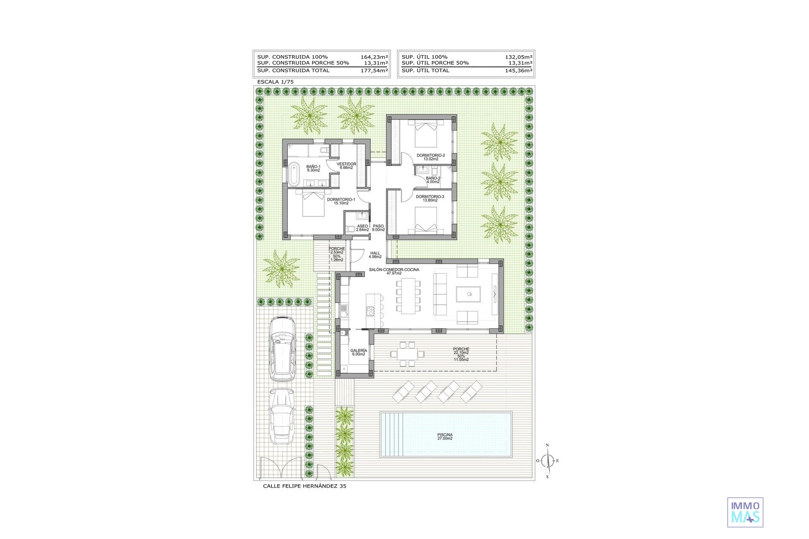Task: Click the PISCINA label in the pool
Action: (445, 435)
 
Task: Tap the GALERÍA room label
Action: (359, 350)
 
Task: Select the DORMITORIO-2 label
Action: (431, 155)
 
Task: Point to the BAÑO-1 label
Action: (313, 167)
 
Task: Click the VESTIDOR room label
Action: (346, 164)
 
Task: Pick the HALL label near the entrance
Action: (375, 253)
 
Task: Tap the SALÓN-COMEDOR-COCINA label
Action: (394, 269)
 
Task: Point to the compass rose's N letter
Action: (547, 445)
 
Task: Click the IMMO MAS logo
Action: (745, 512)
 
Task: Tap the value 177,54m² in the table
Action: (374, 70)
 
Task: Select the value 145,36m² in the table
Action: (519, 70)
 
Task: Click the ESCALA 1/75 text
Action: (275, 82)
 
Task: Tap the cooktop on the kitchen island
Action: (370, 311)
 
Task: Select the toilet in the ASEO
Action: (350, 229)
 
